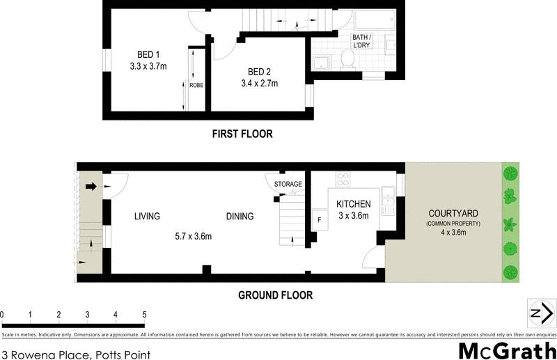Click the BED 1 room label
tap(144, 54)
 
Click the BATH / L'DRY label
tap(361, 40)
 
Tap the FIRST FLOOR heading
tap(242, 134)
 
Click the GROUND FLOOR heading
tap(275, 295)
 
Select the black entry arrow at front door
tap(91, 187)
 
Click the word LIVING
tap(147, 217)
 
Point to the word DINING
tap(240, 217)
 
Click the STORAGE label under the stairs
tap(288, 185)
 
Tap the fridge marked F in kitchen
tap(319, 219)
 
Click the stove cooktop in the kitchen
tap(343, 179)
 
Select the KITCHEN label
tap(354, 203)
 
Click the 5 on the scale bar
tap(143, 315)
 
